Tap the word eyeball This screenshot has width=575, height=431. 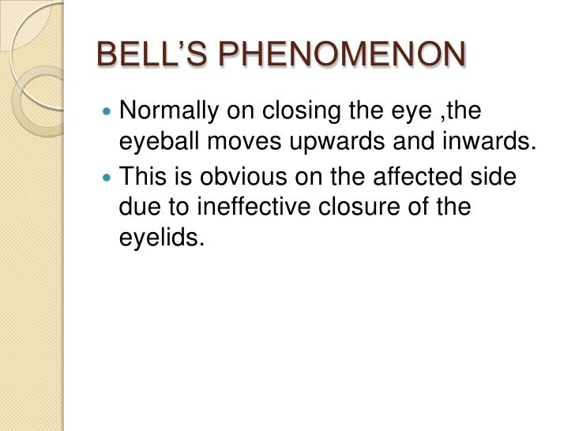click(x=153, y=146)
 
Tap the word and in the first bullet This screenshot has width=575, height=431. click(x=396, y=146)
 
